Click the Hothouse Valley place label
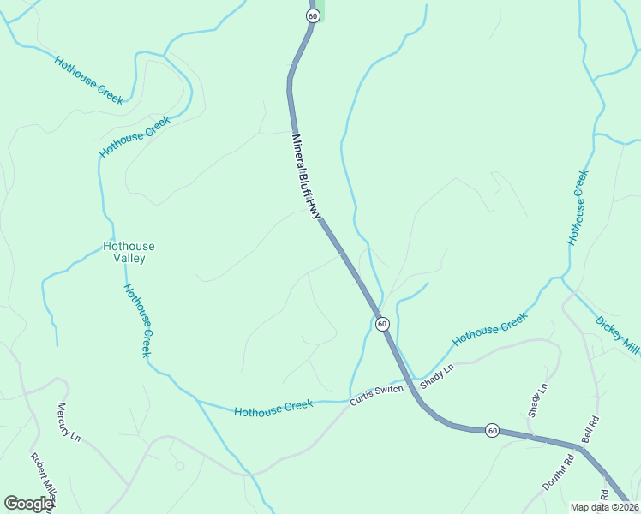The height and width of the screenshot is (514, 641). (x=129, y=252)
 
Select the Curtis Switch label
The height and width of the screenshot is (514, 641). (x=376, y=395)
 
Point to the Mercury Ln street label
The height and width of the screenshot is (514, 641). (x=68, y=422)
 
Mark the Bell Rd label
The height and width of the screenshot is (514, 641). (x=590, y=431)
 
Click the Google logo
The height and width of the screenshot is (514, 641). (x=28, y=504)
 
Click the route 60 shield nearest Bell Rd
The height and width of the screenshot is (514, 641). (x=491, y=429)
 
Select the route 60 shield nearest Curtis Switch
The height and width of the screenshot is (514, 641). (x=382, y=324)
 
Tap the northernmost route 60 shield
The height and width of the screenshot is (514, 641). (x=312, y=16)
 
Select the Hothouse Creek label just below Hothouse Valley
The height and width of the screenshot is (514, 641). (x=138, y=320)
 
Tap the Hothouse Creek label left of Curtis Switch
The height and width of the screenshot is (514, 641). (x=274, y=409)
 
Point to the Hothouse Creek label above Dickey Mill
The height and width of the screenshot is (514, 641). (x=578, y=207)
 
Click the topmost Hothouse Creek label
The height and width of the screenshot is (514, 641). (x=89, y=81)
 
